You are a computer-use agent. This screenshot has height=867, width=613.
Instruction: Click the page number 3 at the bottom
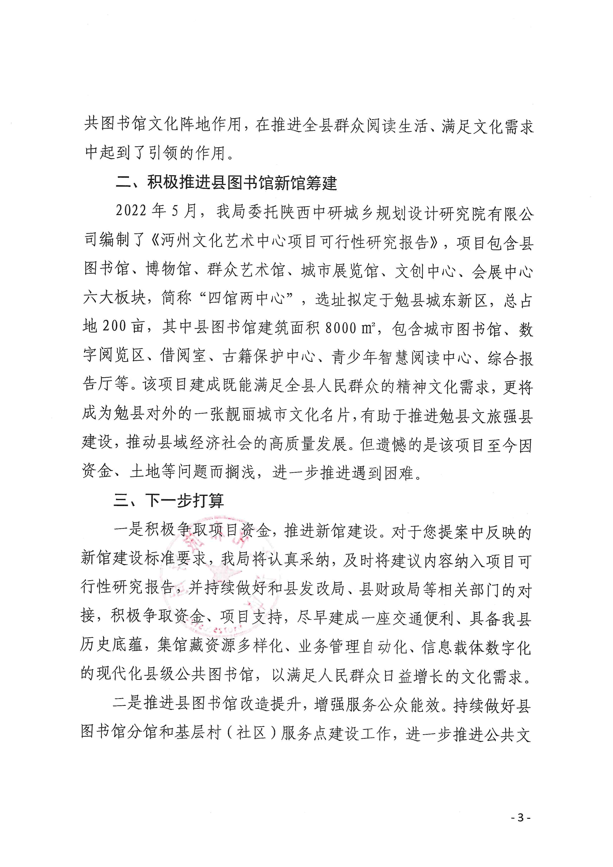(521, 818)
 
